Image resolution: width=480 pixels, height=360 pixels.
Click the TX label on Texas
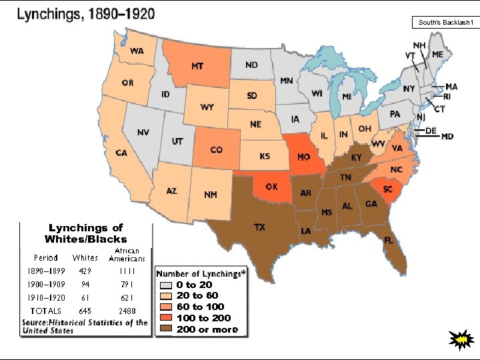tap(259, 227)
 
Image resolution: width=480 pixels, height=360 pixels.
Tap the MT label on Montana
tap(197, 67)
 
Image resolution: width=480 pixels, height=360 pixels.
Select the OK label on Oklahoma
tap(271, 187)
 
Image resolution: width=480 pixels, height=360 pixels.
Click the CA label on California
tap(121, 153)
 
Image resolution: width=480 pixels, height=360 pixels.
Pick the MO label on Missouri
tap(303, 157)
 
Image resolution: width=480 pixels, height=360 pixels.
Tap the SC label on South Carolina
tap(387, 189)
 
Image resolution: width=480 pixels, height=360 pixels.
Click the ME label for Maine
tap(437, 54)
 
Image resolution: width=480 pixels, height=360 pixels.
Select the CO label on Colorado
tap(216, 150)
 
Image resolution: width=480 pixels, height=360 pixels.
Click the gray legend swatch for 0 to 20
tap(165, 285)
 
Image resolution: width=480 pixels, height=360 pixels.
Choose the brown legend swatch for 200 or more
tap(165, 329)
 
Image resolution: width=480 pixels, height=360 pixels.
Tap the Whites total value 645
tap(85, 311)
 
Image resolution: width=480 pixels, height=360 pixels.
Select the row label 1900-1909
tap(46, 284)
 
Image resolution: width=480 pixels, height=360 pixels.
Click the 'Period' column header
tap(46, 257)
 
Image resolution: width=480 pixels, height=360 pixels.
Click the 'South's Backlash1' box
tap(445, 23)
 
